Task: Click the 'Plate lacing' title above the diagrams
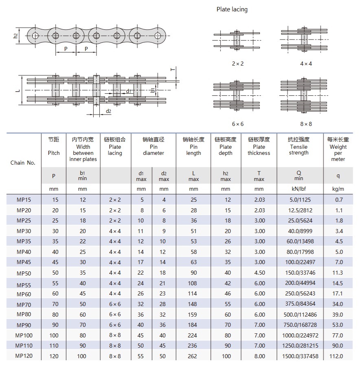232,9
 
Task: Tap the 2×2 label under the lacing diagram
237,64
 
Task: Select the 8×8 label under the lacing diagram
306,123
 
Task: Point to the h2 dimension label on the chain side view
15,36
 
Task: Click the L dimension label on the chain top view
18,89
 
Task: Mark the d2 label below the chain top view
108,111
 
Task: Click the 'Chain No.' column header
23,163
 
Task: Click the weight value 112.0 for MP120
338,356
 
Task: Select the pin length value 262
193,356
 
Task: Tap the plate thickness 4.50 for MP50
259,273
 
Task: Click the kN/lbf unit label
299,189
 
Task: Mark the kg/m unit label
338,189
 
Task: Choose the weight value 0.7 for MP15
338,200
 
